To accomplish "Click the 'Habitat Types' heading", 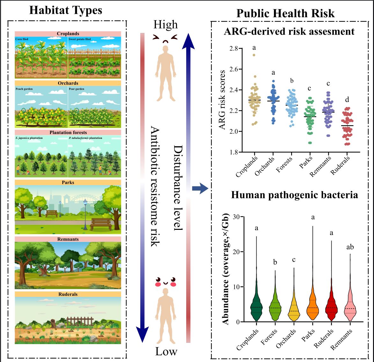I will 66,10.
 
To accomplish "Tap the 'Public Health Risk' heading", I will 285,13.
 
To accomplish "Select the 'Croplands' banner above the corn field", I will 68,34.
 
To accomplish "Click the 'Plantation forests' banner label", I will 68,132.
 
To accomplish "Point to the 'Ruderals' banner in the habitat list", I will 68,294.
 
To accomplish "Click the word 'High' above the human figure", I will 165,25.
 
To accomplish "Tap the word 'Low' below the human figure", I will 166,351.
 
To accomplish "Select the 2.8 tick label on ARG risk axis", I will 233,49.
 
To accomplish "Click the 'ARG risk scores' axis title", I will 223,100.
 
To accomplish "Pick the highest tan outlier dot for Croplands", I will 254,55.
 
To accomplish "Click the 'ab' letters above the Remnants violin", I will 350,247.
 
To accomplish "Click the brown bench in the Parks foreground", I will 100,223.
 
